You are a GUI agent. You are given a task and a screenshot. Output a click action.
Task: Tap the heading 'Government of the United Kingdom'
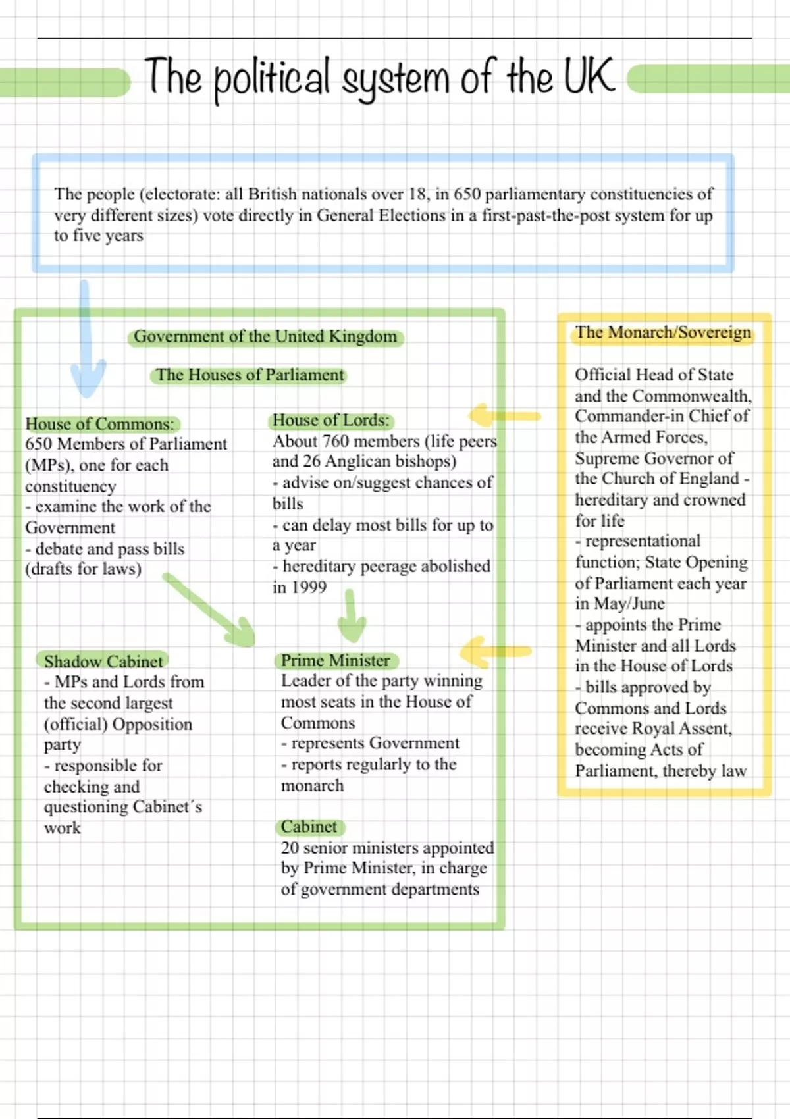[265, 337]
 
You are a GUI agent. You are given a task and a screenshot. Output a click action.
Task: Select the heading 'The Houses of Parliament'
[250, 375]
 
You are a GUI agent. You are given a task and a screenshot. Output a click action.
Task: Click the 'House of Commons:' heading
[100, 424]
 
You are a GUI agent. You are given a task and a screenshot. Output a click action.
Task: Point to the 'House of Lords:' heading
[331, 421]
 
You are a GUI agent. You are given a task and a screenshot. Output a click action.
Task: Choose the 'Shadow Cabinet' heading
[103, 661]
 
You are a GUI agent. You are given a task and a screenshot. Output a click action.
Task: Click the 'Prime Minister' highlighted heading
[336, 660]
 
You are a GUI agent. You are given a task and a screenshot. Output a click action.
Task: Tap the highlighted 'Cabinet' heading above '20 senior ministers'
[309, 827]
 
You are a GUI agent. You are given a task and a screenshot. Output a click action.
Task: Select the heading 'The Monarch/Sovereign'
[663, 332]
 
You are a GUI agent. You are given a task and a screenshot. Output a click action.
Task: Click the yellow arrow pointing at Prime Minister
[495, 652]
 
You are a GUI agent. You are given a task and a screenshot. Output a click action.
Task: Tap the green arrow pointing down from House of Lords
[352, 616]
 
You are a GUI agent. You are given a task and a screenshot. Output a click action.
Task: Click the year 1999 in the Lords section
[309, 587]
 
